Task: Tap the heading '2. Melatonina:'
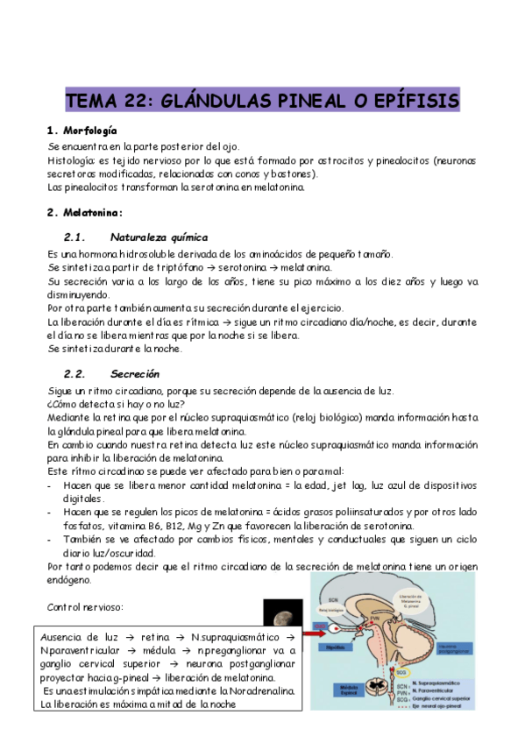85,212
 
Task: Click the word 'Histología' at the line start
75,161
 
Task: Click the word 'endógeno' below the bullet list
71,580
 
